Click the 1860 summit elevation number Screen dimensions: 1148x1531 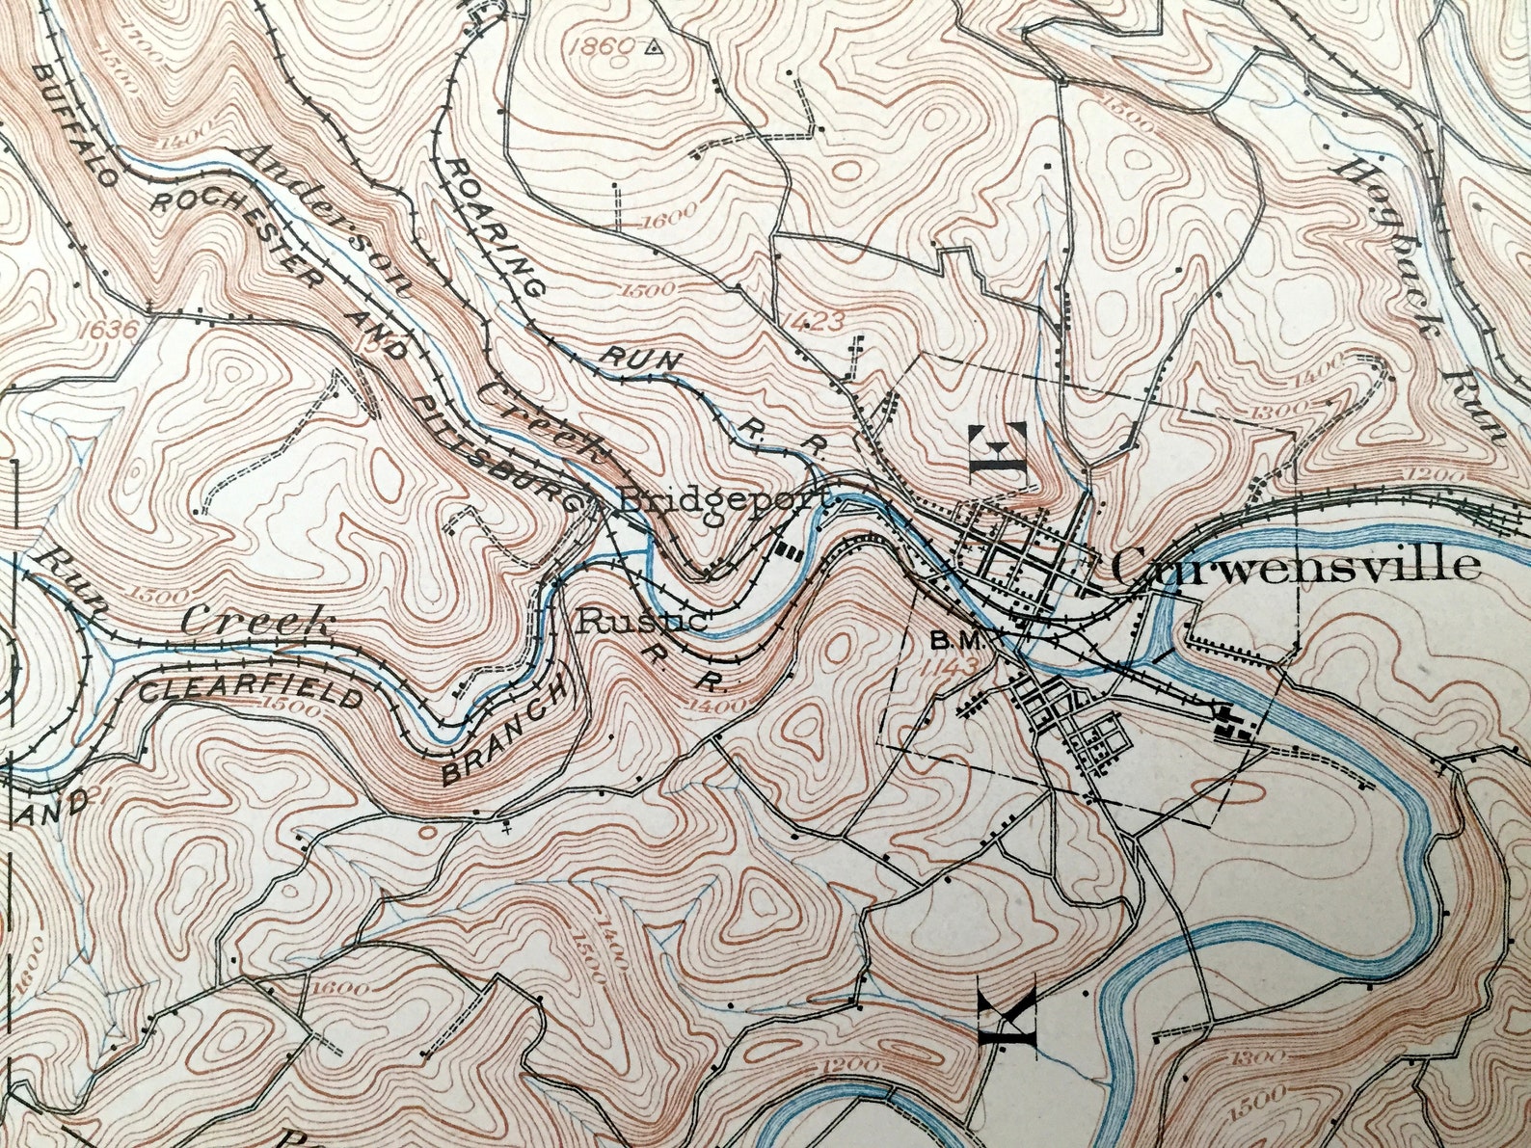(608, 45)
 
